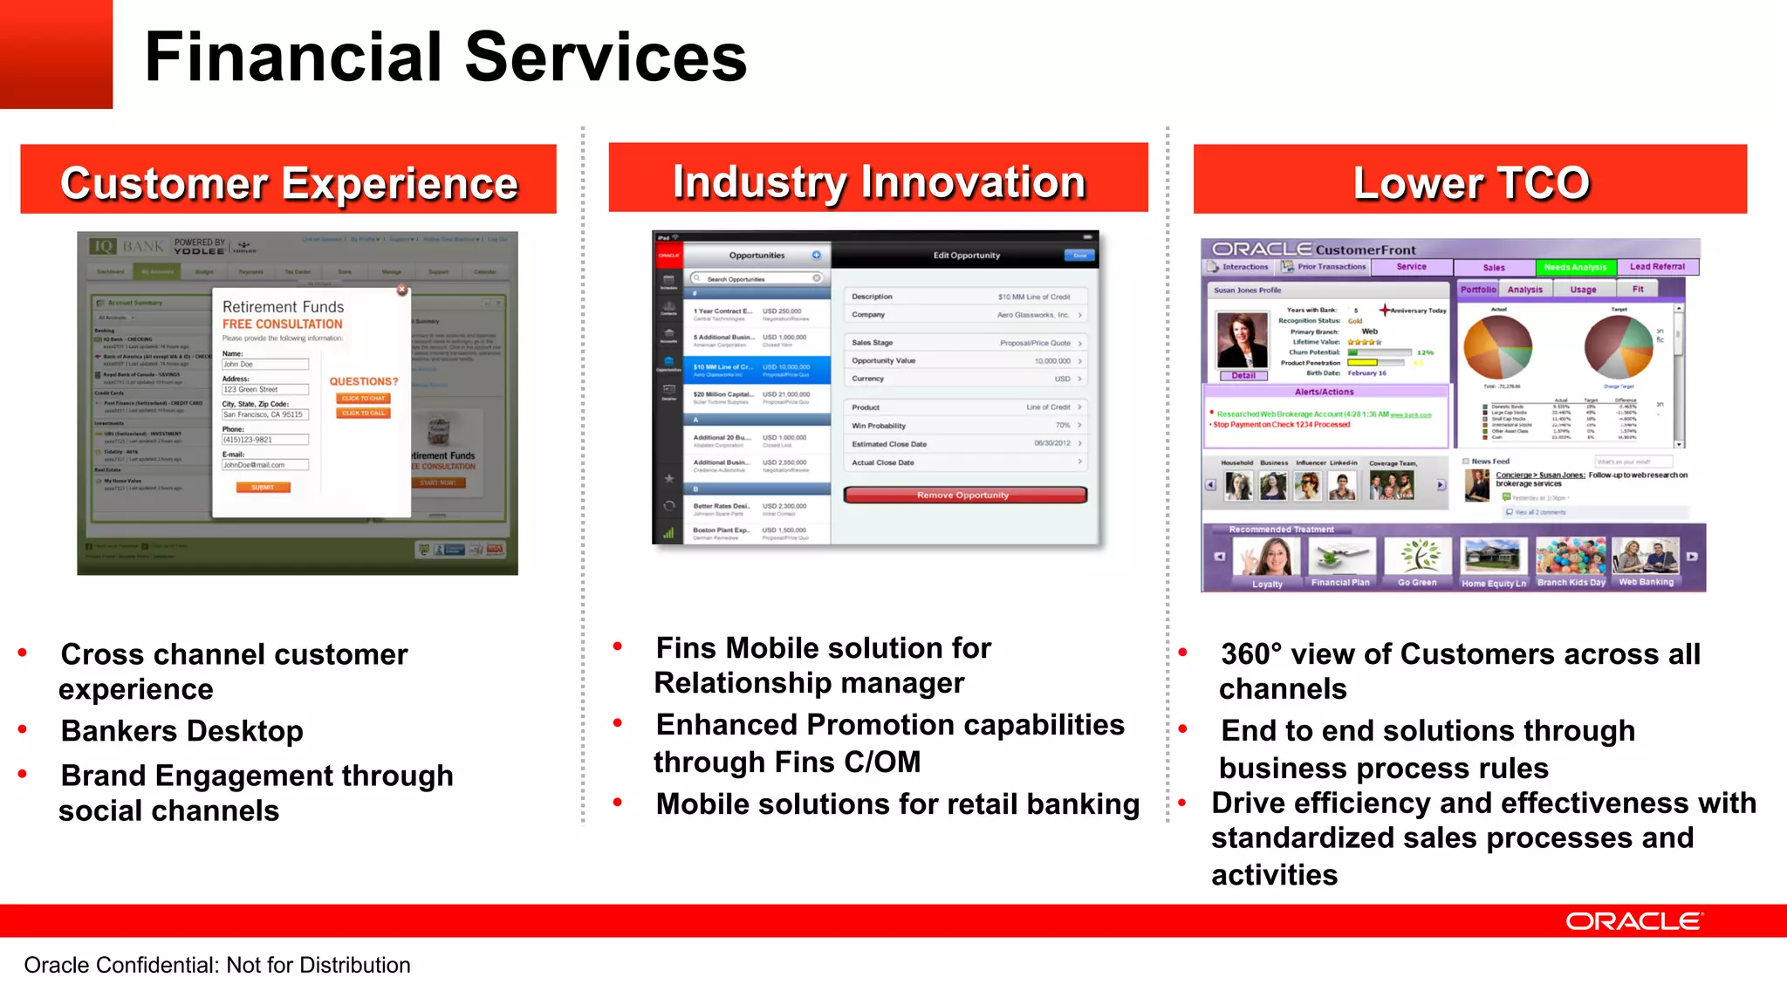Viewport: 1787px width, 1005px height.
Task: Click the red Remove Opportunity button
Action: [964, 496]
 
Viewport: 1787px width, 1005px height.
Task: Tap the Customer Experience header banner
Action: [288, 181]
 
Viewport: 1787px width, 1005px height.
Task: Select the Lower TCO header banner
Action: [1470, 181]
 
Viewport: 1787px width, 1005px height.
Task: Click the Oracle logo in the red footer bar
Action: [1633, 921]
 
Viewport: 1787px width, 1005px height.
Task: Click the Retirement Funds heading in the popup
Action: [283, 307]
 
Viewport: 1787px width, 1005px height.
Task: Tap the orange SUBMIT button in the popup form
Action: [263, 488]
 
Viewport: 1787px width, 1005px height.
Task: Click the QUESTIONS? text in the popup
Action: [363, 382]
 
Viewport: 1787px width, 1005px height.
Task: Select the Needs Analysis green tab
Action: [1574, 268]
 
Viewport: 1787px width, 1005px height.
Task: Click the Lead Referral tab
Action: [1656, 267]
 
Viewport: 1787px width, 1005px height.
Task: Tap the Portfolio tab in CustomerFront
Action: [1478, 290]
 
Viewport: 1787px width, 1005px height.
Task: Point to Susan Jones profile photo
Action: [1243, 340]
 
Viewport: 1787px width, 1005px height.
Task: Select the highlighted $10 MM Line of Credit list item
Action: [756, 371]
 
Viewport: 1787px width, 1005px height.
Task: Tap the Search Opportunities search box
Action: [756, 279]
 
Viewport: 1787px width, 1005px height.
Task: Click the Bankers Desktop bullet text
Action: [181, 731]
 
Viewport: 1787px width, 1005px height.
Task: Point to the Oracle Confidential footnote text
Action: [217, 965]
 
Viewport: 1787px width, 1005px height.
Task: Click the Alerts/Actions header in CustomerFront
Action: [1324, 393]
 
